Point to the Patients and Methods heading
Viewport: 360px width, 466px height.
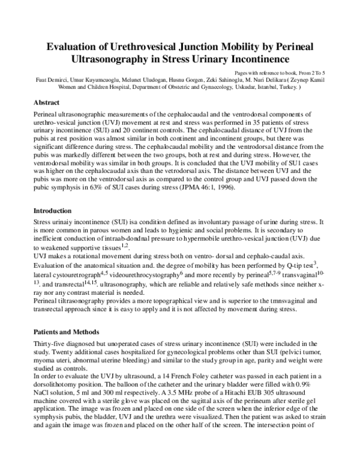[66, 332]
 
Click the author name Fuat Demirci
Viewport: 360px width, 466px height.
[50, 79]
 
